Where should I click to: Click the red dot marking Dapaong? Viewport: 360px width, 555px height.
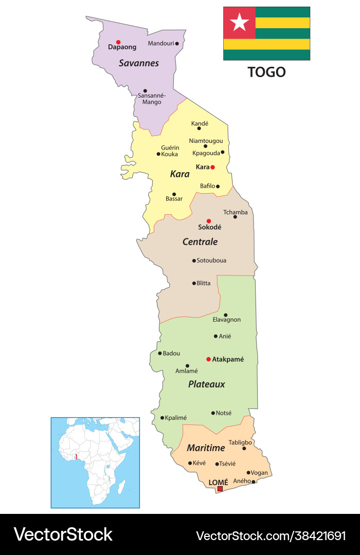(x=118, y=42)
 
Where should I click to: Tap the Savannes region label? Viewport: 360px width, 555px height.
(x=138, y=63)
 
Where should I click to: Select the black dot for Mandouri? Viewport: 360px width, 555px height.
(x=177, y=44)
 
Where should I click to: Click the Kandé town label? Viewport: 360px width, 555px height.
(x=200, y=123)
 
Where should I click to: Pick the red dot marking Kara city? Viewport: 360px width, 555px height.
(x=212, y=167)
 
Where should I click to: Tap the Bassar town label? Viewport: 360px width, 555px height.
(x=174, y=198)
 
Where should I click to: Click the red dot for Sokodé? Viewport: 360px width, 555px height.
(x=209, y=221)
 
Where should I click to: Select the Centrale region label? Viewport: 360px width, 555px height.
(x=200, y=242)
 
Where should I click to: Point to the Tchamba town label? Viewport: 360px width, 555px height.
(x=235, y=212)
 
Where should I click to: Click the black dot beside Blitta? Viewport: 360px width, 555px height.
(x=194, y=283)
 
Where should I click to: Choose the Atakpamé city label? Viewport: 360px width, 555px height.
(x=228, y=359)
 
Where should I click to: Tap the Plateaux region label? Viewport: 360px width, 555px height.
(x=206, y=384)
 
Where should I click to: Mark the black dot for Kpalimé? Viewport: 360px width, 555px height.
(x=163, y=418)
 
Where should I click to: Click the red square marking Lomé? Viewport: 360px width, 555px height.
(x=220, y=489)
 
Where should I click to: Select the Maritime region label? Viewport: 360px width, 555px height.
(x=206, y=448)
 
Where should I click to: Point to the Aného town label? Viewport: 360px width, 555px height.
(x=242, y=481)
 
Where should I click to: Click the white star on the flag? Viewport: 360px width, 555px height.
(x=239, y=23)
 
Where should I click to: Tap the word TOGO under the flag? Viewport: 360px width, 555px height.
(x=266, y=72)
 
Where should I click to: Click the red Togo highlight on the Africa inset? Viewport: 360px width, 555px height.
(x=76, y=456)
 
